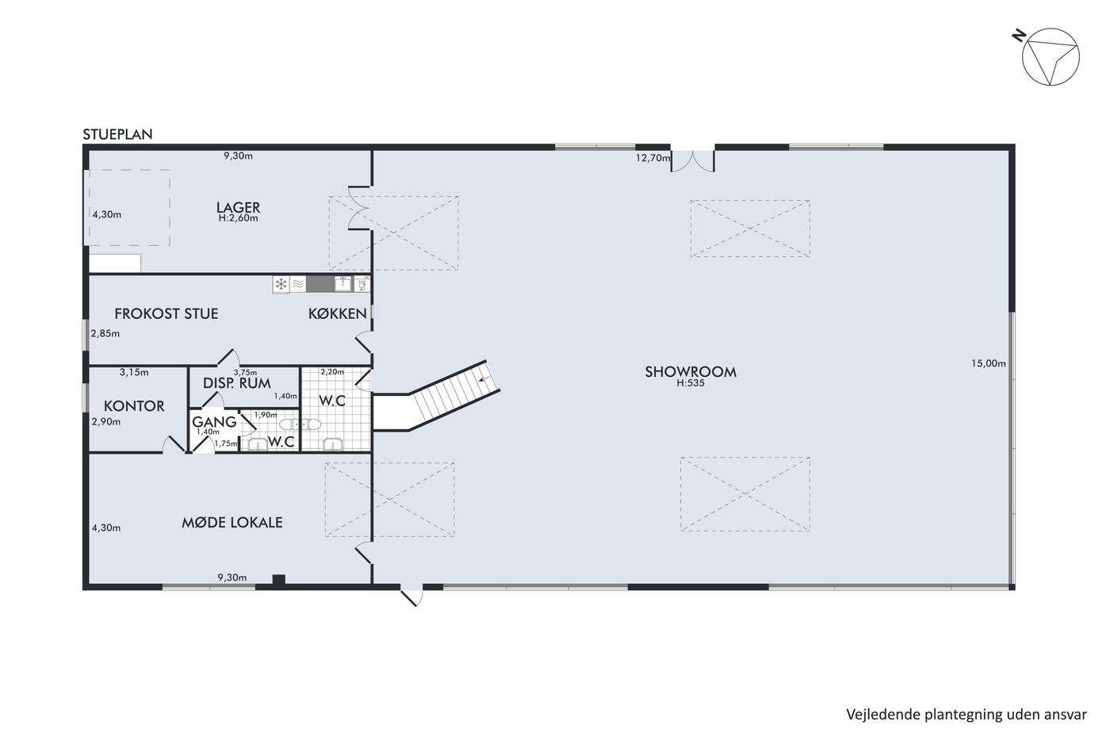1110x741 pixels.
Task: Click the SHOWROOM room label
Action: (x=691, y=372)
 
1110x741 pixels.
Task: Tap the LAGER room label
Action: (x=238, y=207)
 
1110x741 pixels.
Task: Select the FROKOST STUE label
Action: (x=166, y=313)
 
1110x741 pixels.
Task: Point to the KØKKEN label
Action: (x=338, y=313)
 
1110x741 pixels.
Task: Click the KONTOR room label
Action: (x=134, y=406)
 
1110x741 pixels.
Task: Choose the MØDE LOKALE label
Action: (x=232, y=522)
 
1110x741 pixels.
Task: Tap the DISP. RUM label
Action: (x=237, y=383)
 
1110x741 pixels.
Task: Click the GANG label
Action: (x=214, y=422)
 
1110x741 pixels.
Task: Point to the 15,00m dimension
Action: (x=989, y=363)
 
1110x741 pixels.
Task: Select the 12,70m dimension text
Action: (x=653, y=158)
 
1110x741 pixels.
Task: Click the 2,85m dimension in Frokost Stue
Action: (x=105, y=334)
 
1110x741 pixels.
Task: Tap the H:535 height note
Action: (x=691, y=383)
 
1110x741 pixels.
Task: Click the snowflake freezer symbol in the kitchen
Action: (x=281, y=284)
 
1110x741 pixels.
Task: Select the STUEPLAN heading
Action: (x=117, y=134)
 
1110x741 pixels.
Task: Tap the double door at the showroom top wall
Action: (x=693, y=159)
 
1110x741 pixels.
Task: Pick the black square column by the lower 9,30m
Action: (x=279, y=579)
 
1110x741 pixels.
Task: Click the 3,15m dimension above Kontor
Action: (x=134, y=373)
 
